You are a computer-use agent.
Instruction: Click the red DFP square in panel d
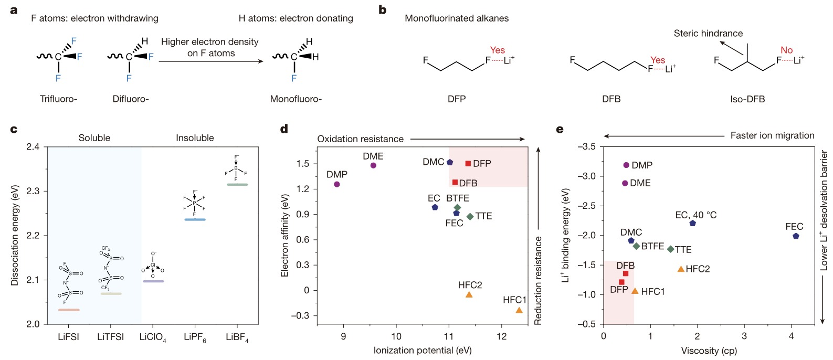click(468, 164)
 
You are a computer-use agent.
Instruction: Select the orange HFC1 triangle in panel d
click(519, 310)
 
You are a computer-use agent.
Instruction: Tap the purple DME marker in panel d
click(373, 166)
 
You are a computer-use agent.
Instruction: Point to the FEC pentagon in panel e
click(796, 236)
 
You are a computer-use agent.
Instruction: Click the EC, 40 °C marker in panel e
click(692, 224)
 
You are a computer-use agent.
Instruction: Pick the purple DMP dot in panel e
click(626, 165)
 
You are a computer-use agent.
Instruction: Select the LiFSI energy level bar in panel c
click(69, 310)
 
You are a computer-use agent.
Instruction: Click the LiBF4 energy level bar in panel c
click(237, 185)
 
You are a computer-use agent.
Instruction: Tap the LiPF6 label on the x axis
click(195, 337)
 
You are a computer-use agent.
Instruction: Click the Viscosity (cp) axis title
click(709, 351)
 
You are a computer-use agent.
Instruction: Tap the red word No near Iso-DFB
click(786, 50)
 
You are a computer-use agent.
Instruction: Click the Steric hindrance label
click(708, 34)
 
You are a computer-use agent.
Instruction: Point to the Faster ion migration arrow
click(664, 136)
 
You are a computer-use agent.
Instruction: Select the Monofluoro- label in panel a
click(296, 99)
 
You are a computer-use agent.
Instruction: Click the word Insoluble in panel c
click(195, 138)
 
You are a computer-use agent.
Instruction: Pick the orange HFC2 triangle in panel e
click(681, 269)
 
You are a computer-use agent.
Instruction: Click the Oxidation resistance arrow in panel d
click(467, 139)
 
